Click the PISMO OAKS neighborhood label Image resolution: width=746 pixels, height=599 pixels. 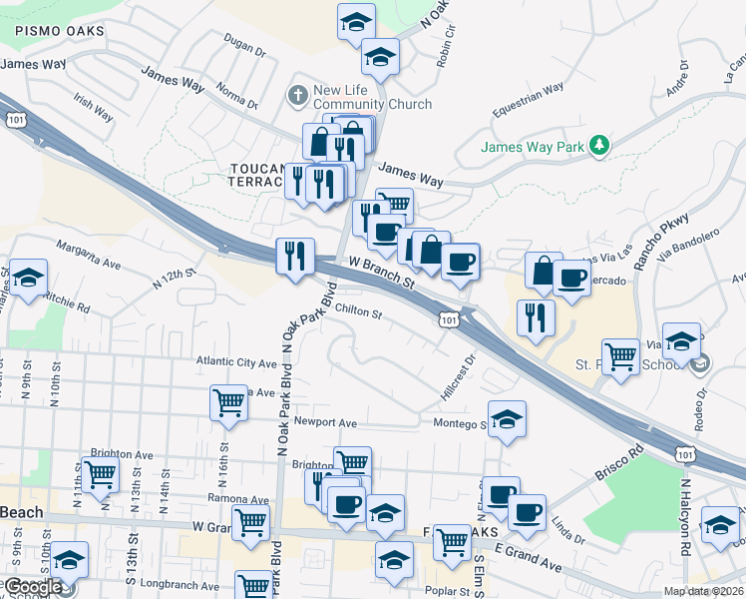point(59,32)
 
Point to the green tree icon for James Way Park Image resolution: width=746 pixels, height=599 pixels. point(598,147)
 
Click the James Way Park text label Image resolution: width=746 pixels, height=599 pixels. point(532,147)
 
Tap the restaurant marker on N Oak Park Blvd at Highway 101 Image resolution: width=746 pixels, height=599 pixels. point(295,256)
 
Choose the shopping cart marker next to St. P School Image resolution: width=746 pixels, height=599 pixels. point(620,356)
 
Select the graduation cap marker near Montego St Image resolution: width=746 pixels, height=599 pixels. point(507,419)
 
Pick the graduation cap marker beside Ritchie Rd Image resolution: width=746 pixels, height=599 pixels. point(28,279)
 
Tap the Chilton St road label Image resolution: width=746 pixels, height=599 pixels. point(358,312)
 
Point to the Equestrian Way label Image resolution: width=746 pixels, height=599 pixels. point(528,99)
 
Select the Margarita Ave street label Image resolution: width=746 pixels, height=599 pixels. point(88,256)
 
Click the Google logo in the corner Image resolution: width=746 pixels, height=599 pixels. point(34,587)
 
